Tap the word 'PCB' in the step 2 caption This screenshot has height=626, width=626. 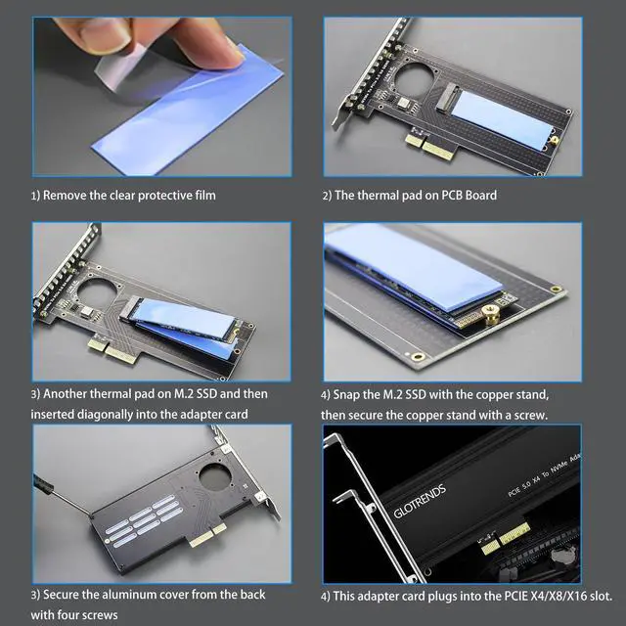click(x=452, y=196)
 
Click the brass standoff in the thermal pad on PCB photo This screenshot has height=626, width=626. click(x=555, y=140)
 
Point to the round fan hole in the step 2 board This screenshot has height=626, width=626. click(x=414, y=77)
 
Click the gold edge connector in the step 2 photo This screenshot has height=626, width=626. click(x=429, y=146)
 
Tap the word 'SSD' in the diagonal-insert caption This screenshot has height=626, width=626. click(x=204, y=394)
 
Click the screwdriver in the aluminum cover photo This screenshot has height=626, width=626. click(x=63, y=496)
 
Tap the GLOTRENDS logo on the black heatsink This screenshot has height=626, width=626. click(x=420, y=502)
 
